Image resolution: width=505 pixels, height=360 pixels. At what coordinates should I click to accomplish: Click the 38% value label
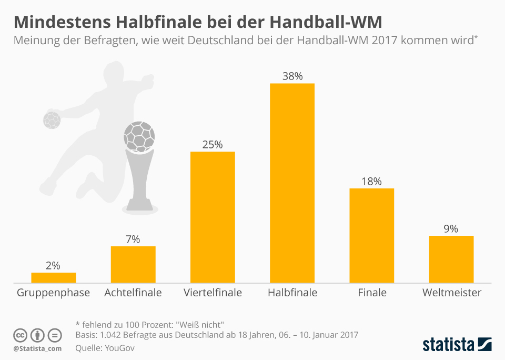click(292, 76)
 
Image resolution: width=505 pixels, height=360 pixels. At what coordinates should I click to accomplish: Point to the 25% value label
click(212, 144)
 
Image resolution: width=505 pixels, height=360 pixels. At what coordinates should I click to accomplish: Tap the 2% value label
click(53, 265)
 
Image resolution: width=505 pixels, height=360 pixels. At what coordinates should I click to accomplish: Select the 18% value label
click(371, 181)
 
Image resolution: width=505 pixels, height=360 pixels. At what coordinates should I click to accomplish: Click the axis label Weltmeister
click(451, 293)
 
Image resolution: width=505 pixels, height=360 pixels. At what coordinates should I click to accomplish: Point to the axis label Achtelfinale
click(133, 293)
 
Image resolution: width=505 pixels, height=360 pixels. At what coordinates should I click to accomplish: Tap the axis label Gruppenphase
click(53, 293)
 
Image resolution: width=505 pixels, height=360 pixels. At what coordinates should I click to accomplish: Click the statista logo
click(457, 345)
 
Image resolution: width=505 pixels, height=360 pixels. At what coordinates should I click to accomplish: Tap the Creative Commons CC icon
click(21, 335)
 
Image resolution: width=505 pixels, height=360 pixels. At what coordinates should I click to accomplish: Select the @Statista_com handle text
click(37, 348)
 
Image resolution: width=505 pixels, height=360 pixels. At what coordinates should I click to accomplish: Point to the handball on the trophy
click(139, 135)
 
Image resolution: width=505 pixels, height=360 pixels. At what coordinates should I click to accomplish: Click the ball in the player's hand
click(52, 120)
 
